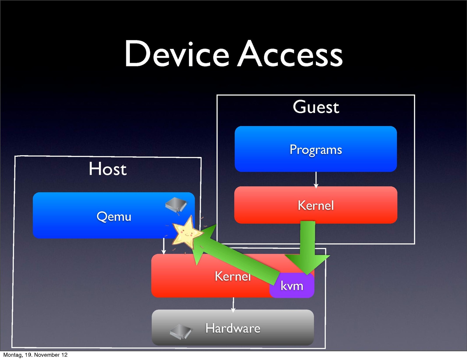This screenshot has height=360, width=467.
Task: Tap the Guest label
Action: [x=316, y=107]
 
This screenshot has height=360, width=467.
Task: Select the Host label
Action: [x=108, y=169]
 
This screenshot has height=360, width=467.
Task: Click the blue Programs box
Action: [x=316, y=149]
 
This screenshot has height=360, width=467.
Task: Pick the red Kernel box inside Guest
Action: [x=316, y=205]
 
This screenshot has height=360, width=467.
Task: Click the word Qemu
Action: [x=114, y=216]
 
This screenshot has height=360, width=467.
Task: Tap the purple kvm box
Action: [x=292, y=286]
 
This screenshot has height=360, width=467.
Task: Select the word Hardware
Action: [x=233, y=328]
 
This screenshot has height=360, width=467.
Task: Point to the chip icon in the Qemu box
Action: [x=176, y=205]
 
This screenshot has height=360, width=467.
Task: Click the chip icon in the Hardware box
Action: [x=181, y=331]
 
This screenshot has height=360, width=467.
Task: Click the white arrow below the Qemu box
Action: [x=164, y=246]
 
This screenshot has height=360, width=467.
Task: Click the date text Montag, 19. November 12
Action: [x=35, y=355]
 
